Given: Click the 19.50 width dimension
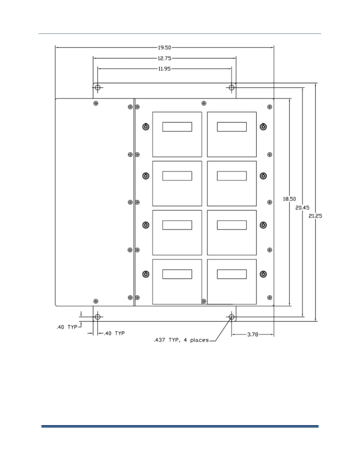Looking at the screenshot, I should [x=164, y=47].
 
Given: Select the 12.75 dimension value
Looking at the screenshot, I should [x=164, y=58].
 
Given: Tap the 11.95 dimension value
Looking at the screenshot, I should [x=164, y=69].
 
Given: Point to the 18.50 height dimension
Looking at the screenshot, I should [x=289, y=199].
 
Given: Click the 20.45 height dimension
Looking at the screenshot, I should [x=302, y=208].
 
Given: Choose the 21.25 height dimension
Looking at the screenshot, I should [x=315, y=216].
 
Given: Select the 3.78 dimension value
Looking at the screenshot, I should [x=253, y=334].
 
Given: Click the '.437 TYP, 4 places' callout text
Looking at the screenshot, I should [x=181, y=340].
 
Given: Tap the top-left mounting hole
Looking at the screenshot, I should [x=98, y=87].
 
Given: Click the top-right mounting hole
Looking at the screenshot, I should [x=232, y=87].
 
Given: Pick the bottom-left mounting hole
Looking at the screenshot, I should [x=98, y=317].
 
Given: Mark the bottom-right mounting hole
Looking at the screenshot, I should [x=232, y=317].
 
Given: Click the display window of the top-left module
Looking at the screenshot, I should [x=177, y=127].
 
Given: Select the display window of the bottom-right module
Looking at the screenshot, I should [x=232, y=274].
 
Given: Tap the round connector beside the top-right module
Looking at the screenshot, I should [x=263, y=127].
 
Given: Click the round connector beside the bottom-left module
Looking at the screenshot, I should [x=146, y=274].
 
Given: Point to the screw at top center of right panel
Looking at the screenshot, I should [x=204, y=103].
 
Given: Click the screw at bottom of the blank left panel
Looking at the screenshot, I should [x=96, y=301].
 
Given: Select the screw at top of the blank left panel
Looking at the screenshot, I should [x=96, y=103].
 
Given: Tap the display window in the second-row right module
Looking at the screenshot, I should [x=232, y=176].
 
